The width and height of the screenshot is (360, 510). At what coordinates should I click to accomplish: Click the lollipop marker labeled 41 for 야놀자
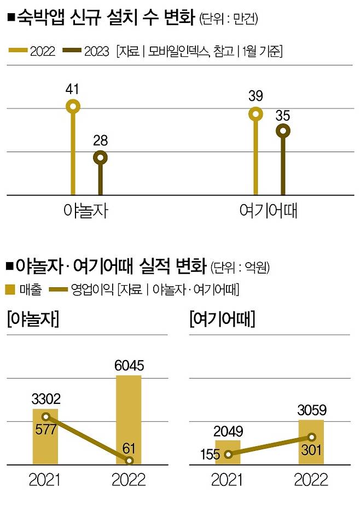[73, 106]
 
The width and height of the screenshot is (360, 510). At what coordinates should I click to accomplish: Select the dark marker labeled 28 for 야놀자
[100, 158]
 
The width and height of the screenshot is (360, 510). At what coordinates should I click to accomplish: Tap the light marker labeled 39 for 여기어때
[256, 114]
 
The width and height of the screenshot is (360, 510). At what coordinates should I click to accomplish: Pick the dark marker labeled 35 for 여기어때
[283, 130]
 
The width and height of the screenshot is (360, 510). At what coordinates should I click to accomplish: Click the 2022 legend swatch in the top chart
[18, 51]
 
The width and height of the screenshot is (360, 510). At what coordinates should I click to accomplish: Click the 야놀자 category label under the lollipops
[86, 211]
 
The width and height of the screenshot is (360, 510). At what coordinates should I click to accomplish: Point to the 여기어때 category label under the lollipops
[268, 211]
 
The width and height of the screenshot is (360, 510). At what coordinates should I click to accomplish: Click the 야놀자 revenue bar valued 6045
[129, 420]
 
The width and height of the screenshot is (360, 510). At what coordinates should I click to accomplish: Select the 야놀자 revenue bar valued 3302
[45, 437]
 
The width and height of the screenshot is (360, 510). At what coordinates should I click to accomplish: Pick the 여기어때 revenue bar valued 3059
[311, 442]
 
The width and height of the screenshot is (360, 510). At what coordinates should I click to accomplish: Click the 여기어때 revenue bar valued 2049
[228, 452]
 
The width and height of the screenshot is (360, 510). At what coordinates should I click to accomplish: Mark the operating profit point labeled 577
[46, 417]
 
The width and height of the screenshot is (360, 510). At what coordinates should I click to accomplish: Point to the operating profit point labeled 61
[129, 461]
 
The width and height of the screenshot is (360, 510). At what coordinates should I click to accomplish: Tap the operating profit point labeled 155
[228, 454]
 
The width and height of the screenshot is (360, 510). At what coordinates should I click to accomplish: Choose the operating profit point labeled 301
[311, 437]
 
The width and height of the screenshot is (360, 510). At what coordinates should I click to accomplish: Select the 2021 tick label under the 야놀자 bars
[45, 480]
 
